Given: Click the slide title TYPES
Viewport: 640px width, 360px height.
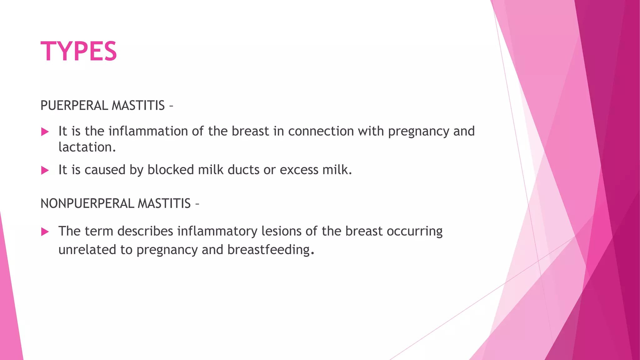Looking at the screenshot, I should pos(79,52).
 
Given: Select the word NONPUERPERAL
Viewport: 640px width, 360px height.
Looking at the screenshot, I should pos(87,204).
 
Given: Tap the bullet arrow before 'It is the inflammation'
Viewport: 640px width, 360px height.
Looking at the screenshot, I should pos(45,132).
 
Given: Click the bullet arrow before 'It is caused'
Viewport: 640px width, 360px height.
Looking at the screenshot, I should pos(45,170).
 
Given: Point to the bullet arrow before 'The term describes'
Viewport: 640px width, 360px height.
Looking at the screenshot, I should pos(45,232).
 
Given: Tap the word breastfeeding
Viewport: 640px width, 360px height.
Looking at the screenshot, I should pos(268,250).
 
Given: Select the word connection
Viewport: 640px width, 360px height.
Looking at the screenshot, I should pos(321,131).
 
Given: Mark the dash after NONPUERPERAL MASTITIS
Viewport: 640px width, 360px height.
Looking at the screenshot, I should pos(197,204).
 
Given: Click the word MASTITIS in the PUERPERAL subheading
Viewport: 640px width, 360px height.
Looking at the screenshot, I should pos(138,106).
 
